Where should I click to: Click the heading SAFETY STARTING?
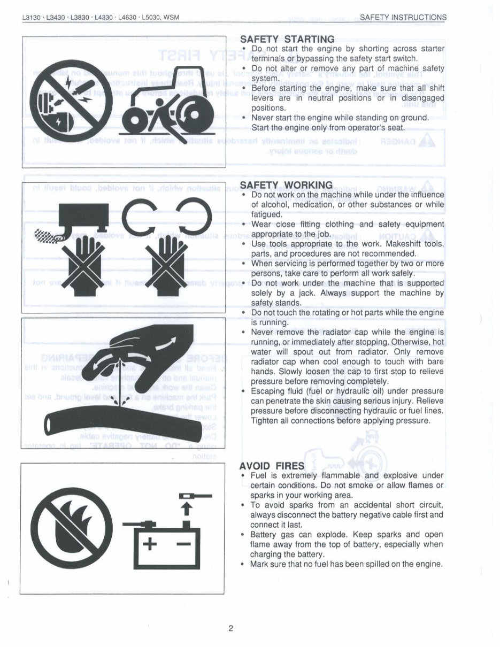pyautogui.click(x=287, y=39)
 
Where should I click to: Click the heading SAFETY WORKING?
pyautogui.click(x=286, y=185)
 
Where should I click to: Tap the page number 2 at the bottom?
pyautogui.click(x=230, y=628)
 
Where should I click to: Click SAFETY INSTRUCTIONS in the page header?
pyautogui.click(x=403, y=17)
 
